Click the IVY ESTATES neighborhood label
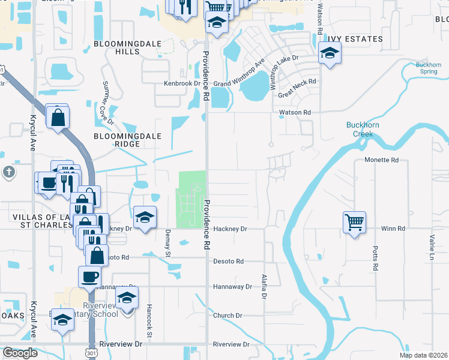pyautogui.click(x=355, y=39)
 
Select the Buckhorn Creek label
pyautogui.click(x=363, y=129)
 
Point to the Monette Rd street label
pyautogui.click(x=382, y=160)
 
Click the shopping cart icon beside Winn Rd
pyautogui.click(x=354, y=223)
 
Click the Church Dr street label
pyautogui.click(x=228, y=316)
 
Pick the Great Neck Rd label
pyautogui.click(x=297, y=84)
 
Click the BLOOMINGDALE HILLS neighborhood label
pyautogui.click(x=119, y=48)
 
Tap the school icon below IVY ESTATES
pyautogui.click(x=329, y=54)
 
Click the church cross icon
pyautogui.click(x=8, y=172)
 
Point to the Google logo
pyautogui.click(x=20, y=352)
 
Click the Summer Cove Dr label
pyautogui.click(x=107, y=103)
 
